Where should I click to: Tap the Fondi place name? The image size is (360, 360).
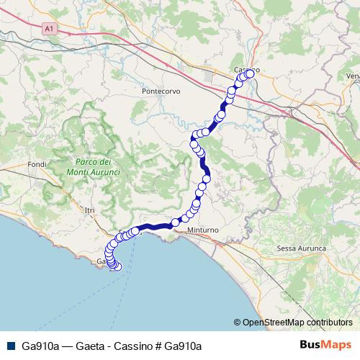tap(37, 164)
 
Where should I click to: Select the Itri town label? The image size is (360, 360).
tap(89, 210)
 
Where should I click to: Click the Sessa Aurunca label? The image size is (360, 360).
tap(301, 248)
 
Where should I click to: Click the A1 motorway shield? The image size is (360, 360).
tap(49, 28)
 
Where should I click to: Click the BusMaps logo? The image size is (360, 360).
tap(325, 345)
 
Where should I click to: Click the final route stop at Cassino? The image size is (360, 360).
tap(251, 73)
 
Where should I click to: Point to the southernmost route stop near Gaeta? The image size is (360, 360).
tap(118, 268)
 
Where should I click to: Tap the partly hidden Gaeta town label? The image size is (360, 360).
tap(102, 264)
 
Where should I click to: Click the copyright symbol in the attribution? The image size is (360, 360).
tap(238, 323)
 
